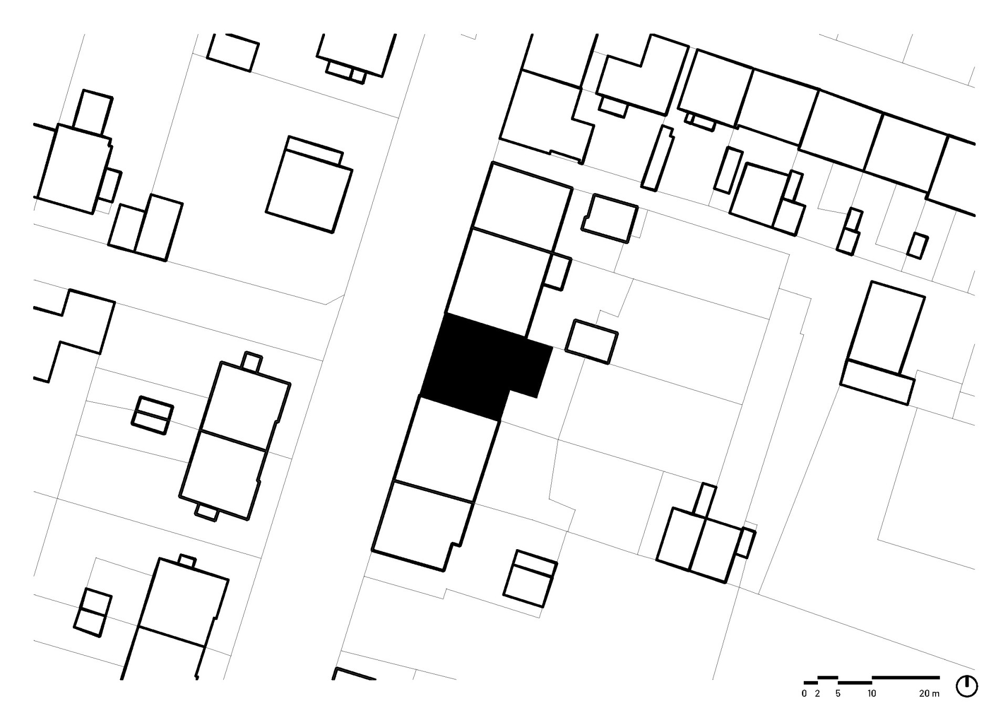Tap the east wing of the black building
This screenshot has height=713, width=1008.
click(533, 368)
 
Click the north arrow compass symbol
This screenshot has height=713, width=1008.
click(967, 686)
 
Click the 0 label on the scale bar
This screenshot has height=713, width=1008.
click(804, 694)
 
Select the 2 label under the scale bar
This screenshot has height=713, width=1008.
click(817, 694)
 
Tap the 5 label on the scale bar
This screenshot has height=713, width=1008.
click(838, 694)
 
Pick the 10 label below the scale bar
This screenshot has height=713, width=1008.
click(871, 694)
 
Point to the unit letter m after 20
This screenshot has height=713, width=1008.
click(936, 694)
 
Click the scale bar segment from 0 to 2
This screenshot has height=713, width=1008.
click(811, 683)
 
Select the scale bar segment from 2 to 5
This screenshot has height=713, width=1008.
click(827, 677)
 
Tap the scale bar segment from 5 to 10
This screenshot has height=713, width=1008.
click(855, 683)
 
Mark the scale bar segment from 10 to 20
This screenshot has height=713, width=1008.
click(906, 677)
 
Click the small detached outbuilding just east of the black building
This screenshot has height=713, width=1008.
click(592, 342)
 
